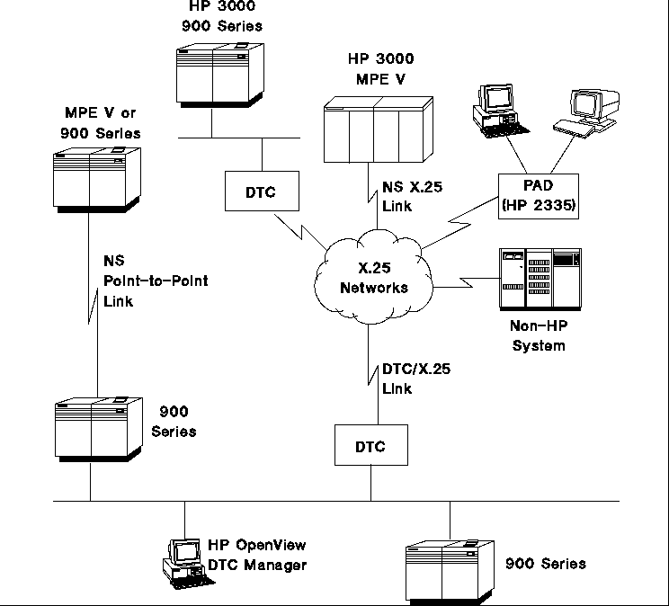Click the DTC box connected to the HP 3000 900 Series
click(x=262, y=192)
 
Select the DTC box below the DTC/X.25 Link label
click(x=371, y=445)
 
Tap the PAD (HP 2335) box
click(x=539, y=196)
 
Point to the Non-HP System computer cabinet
click(x=540, y=279)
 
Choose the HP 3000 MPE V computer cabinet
click(x=379, y=129)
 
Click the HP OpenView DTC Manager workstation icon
click(x=188, y=564)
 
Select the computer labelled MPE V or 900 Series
click(x=97, y=180)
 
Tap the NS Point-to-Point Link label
click(x=156, y=281)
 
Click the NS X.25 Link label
click(x=412, y=196)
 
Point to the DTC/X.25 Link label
click(x=416, y=379)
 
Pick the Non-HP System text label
click(x=539, y=335)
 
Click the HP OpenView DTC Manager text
click(x=257, y=555)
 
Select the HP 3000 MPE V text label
click(x=381, y=68)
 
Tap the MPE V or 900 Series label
click(x=101, y=123)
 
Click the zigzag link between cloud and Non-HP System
click(x=467, y=282)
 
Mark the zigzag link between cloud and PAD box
click(x=460, y=222)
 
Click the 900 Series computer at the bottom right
click(x=450, y=572)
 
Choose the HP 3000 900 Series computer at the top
click(x=220, y=76)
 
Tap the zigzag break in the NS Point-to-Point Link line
click(x=93, y=306)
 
